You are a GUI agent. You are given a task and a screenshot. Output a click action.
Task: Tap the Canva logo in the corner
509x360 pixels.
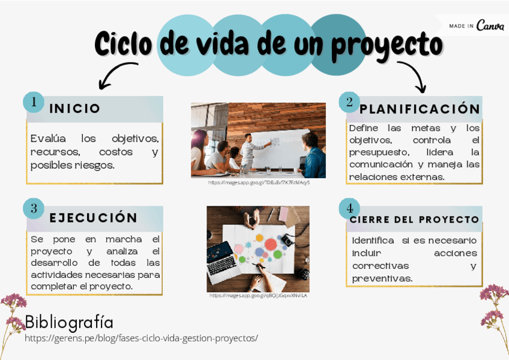pos(490,26)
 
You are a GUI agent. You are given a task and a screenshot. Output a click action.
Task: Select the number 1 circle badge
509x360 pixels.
pos(34,102)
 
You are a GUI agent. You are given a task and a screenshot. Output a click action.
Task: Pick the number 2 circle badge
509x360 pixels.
pos(349,102)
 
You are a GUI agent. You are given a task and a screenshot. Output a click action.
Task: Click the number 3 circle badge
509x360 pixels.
pos(34,208)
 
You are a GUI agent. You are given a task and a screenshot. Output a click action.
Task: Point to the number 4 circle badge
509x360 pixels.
pos(349,208)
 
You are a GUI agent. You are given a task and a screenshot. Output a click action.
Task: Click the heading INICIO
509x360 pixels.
pos(74,109)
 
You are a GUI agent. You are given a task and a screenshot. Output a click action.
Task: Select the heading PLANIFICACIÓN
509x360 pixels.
pos(420,109)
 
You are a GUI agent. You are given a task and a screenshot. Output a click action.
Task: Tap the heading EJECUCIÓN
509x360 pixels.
pos(93,217)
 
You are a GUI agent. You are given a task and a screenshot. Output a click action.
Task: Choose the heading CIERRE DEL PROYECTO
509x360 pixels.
pos(414,220)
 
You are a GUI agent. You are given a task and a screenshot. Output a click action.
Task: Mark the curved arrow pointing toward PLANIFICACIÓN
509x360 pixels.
pos(414,76)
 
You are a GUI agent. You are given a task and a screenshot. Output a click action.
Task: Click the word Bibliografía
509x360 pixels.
pos(69,322)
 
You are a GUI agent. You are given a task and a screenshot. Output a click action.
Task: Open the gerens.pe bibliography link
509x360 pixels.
pos(141,338)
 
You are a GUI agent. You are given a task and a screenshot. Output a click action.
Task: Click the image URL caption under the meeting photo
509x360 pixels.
pos(259,182)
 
